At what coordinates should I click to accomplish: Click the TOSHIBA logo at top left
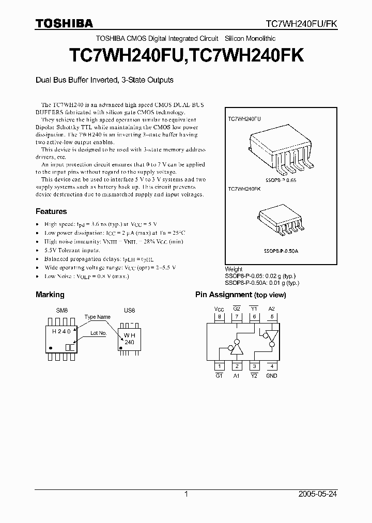(64, 23)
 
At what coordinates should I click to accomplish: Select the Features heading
(51, 211)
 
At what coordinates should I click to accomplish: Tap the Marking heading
(50, 295)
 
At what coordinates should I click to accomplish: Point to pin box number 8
(220, 317)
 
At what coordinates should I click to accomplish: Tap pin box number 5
(271, 317)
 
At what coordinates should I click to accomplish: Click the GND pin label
(271, 376)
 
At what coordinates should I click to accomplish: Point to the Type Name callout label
(97, 317)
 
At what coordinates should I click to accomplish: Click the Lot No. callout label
(98, 333)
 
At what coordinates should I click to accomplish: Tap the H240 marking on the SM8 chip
(62, 331)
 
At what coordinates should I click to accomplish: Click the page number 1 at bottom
(186, 494)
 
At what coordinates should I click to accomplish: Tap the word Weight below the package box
(234, 270)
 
